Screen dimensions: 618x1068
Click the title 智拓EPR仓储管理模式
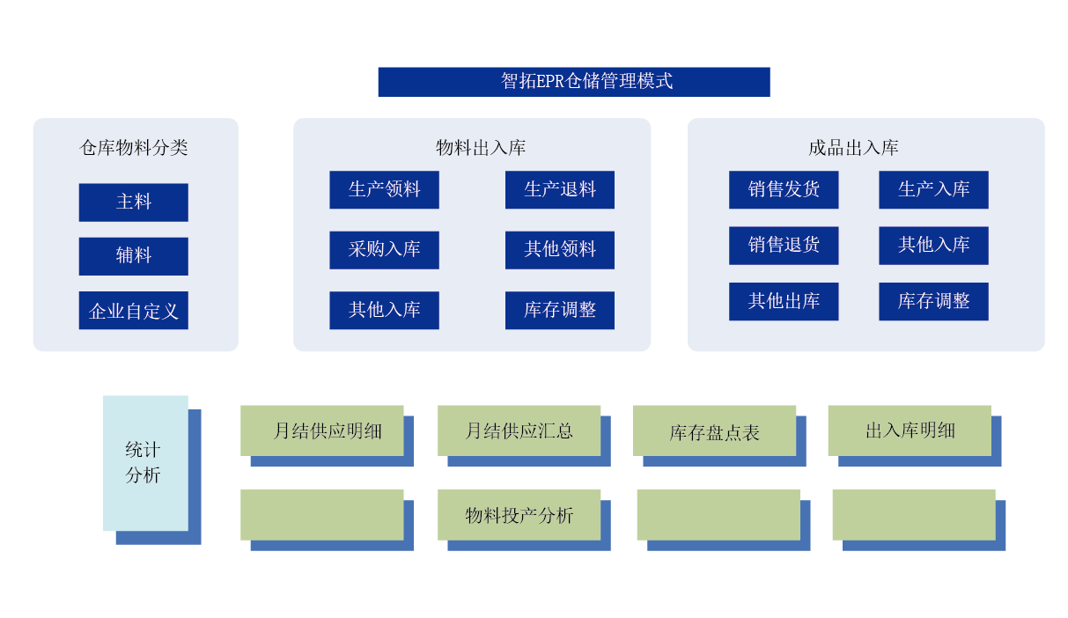pyautogui.click(x=573, y=82)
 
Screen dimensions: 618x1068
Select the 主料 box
pyautogui.click(x=133, y=202)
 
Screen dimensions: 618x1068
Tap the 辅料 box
pyautogui.click(x=133, y=256)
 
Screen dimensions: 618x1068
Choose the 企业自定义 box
pyautogui.click(x=133, y=311)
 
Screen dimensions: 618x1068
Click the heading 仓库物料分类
pyautogui.click(x=134, y=148)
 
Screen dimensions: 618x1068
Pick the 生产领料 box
pyautogui.click(x=384, y=190)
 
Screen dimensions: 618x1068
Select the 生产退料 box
pyautogui.click(x=559, y=190)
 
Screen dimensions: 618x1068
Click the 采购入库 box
pyautogui.click(x=384, y=250)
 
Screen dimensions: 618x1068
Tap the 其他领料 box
pyautogui.click(x=559, y=250)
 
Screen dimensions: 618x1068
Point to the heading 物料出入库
pyautogui.click(x=481, y=148)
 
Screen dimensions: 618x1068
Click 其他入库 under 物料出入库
pyautogui.click(x=384, y=311)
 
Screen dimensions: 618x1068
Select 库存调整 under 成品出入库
pyautogui.click(x=933, y=302)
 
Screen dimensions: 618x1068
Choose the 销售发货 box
pyautogui.click(x=784, y=190)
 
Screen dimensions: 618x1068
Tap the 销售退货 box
pyautogui.click(x=784, y=246)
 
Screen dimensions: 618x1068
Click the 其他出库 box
pyautogui.click(x=784, y=302)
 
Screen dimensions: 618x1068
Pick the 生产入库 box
pyautogui.click(x=933, y=190)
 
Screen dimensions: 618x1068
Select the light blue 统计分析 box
pyautogui.click(x=145, y=463)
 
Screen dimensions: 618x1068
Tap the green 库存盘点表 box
pyautogui.click(x=714, y=430)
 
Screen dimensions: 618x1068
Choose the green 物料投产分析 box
pyautogui.click(x=519, y=515)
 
